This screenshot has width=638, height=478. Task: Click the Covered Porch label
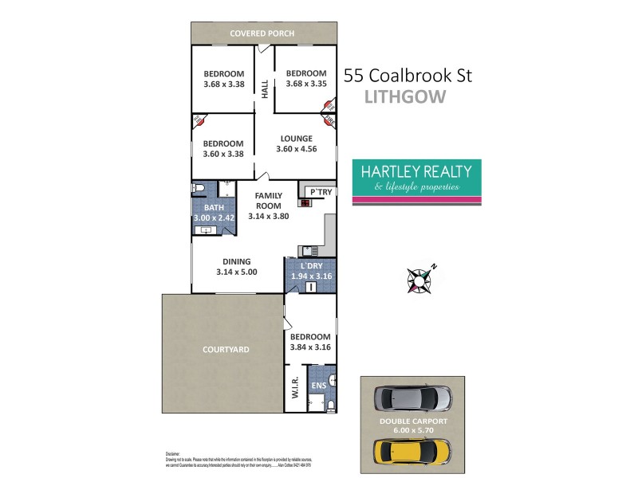point(262,33)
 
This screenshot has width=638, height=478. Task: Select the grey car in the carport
point(413,397)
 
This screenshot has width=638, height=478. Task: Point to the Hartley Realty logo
point(416,182)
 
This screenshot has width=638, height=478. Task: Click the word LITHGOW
point(404,97)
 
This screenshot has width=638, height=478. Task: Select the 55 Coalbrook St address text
point(408,76)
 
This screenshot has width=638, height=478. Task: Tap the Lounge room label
point(295,138)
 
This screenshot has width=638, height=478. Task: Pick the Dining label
point(237,261)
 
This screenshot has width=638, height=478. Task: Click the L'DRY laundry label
point(311,265)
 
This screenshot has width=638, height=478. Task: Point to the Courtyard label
point(226,349)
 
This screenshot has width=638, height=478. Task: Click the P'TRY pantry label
point(321,191)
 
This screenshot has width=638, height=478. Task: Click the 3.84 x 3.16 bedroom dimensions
point(310,347)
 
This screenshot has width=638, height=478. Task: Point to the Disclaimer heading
point(173,452)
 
